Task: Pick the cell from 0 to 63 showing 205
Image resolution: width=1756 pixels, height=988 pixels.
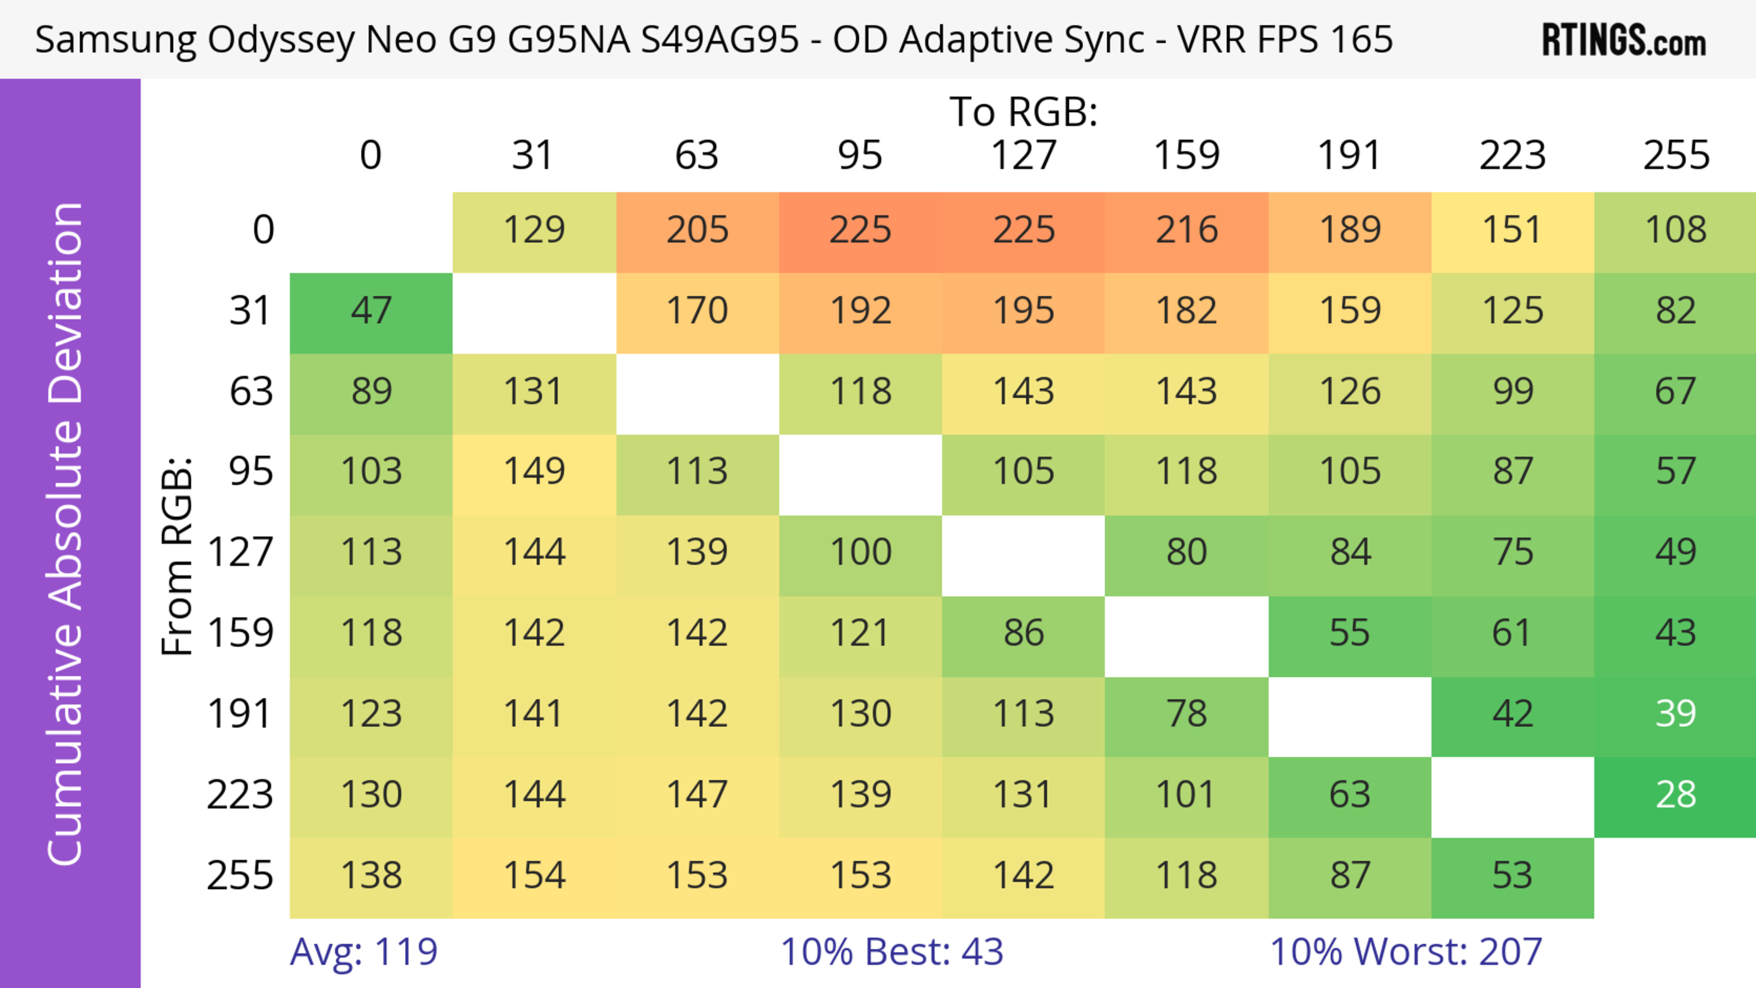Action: click(x=696, y=231)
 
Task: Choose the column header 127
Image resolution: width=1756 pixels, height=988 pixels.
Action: click(x=1023, y=156)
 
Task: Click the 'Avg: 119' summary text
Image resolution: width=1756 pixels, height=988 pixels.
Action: click(x=364, y=952)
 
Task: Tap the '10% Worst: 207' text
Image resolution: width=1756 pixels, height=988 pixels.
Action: click(x=1406, y=952)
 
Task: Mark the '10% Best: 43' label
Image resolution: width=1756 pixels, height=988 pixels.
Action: click(x=892, y=952)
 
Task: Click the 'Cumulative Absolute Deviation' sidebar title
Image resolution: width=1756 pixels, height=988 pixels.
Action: click(x=66, y=534)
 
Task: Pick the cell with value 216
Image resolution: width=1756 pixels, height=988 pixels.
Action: click(x=1186, y=231)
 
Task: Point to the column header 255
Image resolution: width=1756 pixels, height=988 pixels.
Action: click(x=1676, y=156)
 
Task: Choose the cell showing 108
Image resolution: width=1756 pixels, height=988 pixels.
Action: click(x=1675, y=231)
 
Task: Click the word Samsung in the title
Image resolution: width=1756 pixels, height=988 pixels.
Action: click(x=116, y=40)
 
